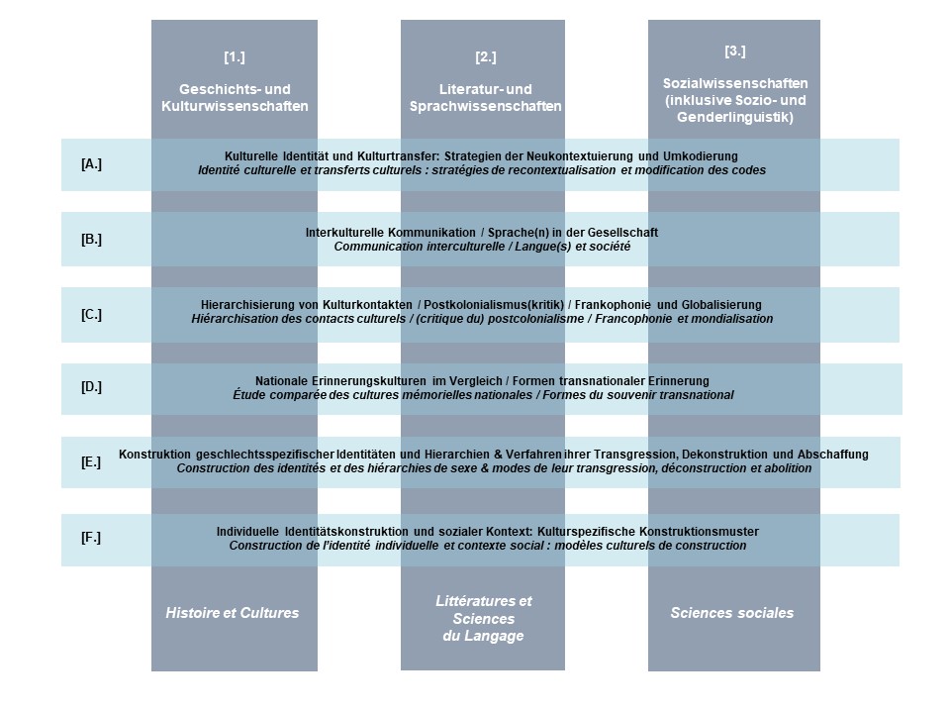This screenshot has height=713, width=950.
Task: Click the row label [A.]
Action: click(91, 163)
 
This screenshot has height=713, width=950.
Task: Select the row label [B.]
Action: click(91, 239)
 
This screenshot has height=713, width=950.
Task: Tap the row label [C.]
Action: click(91, 315)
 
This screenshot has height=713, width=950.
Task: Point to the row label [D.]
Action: click(91, 386)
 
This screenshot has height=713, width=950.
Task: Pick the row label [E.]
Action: click(91, 462)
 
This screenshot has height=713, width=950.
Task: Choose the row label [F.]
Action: click(91, 537)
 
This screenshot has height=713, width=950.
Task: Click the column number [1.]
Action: click(235, 57)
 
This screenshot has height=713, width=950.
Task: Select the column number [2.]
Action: click(485, 57)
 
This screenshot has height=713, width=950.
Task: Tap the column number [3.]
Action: click(735, 51)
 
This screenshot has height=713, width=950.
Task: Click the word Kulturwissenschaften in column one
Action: click(235, 106)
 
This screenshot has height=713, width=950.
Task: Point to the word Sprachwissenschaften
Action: click(485, 106)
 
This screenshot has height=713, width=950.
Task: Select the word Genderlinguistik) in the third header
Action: click(735, 117)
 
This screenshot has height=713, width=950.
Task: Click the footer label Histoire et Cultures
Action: click(233, 613)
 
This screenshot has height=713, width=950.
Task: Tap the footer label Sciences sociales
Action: click(732, 613)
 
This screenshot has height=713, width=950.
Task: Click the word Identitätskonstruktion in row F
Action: click(347, 532)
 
